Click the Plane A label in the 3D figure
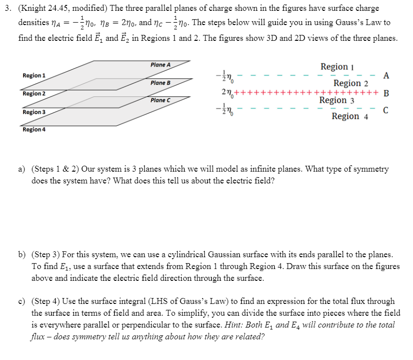[160, 65]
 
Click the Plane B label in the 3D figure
[160, 83]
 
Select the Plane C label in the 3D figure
[160, 100]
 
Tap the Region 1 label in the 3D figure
[34, 75]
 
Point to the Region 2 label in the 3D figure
[34, 93]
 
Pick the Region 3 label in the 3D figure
[34, 112]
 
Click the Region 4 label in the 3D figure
[34, 130]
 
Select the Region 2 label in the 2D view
[351, 83]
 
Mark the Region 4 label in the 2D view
[350, 117]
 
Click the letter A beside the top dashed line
[386, 75]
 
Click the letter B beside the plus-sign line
[386, 93]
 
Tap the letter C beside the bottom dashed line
[386, 110]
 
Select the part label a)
[22, 169]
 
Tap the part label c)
[22, 301]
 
